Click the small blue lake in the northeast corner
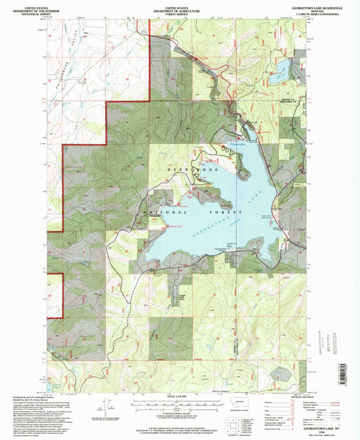tap(282, 72)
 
